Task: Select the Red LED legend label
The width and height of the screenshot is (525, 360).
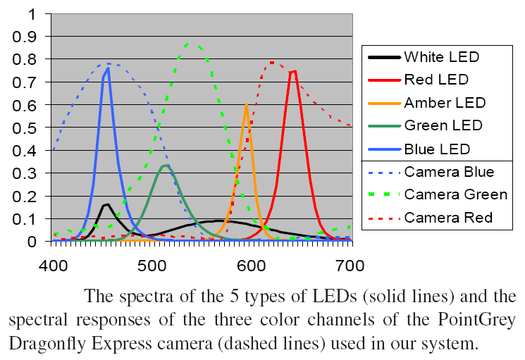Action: (x=436, y=80)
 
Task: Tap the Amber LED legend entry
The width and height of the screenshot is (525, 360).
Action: (x=445, y=103)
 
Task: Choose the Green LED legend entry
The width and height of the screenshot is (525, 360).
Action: (x=443, y=126)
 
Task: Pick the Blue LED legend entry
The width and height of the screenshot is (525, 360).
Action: (x=437, y=149)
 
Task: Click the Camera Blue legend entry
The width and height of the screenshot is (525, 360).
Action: (x=449, y=172)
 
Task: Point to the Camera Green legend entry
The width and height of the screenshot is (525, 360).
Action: (x=455, y=195)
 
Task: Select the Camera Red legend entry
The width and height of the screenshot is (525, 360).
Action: (x=448, y=218)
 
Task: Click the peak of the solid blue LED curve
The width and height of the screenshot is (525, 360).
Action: (x=108, y=68)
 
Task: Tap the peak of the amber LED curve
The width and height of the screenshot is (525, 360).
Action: (x=246, y=105)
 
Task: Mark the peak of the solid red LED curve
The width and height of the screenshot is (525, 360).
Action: (x=295, y=70)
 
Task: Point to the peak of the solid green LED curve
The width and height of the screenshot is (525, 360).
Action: (x=166, y=166)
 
